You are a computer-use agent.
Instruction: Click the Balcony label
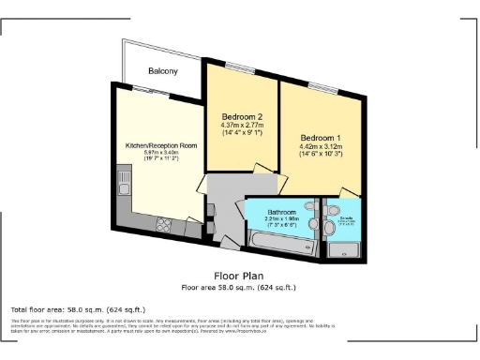165,71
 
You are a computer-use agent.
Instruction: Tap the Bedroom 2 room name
241,116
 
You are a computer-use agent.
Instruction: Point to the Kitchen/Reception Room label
161,145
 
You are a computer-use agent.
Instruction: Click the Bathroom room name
280,211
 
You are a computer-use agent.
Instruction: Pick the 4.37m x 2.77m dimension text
241,126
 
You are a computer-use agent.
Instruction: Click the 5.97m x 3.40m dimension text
161,154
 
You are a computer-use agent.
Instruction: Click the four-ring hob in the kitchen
164,223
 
